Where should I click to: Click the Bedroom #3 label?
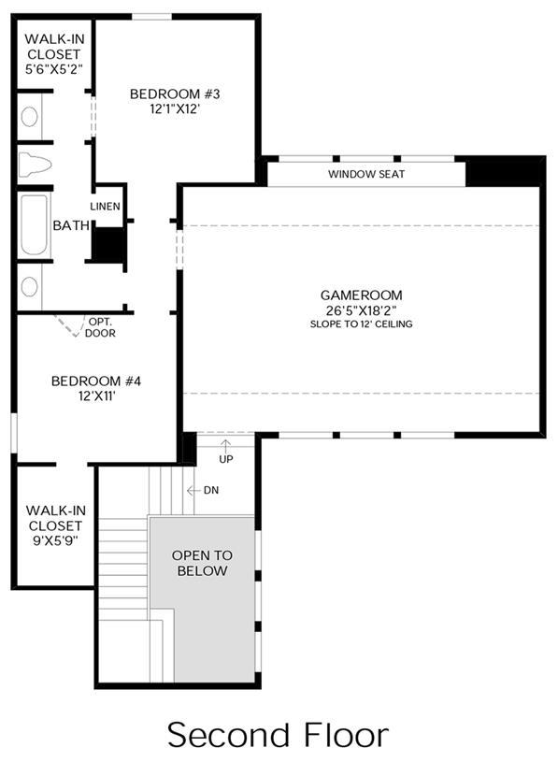[x=175, y=93]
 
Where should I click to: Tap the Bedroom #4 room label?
[x=95, y=381]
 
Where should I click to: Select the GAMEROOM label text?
[x=361, y=295]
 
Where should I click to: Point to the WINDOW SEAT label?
[x=366, y=174]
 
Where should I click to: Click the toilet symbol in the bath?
[x=35, y=165]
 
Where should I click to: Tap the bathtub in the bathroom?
[x=34, y=224]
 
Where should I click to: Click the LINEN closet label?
[x=105, y=206]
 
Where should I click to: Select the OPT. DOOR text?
[x=100, y=327]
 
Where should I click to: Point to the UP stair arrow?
[x=225, y=445]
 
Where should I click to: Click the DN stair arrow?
[x=193, y=490]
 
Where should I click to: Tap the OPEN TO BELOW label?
[x=202, y=563]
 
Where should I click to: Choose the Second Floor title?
[x=279, y=735]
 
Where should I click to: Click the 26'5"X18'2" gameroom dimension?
[x=361, y=310]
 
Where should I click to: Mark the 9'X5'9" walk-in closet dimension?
[x=55, y=540]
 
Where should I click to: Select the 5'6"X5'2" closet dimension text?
[x=53, y=68]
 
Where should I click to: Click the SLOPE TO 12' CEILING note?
[x=362, y=324]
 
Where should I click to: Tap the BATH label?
[x=71, y=225]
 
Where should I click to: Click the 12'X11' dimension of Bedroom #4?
[x=96, y=396]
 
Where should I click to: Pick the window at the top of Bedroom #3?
[x=152, y=17]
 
